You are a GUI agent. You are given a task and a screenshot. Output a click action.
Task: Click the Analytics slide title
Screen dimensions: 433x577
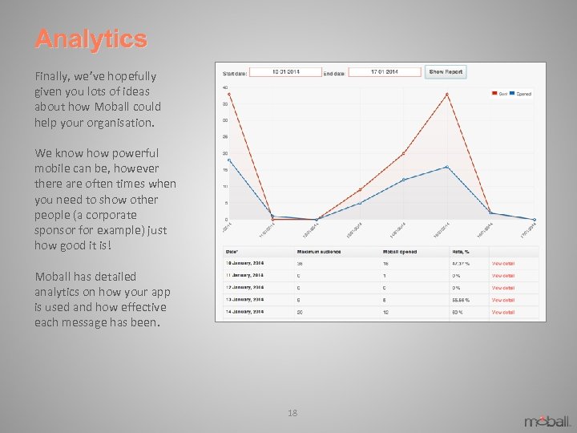(x=91, y=38)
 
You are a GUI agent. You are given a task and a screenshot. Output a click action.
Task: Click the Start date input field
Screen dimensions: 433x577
(x=285, y=72)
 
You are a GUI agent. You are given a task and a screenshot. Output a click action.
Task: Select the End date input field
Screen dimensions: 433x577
(x=385, y=72)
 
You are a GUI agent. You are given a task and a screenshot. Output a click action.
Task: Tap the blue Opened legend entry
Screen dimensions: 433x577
(x=520, y=94)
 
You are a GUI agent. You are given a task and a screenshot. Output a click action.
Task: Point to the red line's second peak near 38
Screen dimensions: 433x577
(x=447, y=94)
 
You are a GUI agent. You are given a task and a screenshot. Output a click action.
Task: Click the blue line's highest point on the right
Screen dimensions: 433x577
(x=447, y=167)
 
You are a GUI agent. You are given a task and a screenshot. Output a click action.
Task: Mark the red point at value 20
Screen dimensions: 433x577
(x=403, y=153)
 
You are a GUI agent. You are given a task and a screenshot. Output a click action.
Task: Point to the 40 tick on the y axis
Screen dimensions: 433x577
(x=226, y=87)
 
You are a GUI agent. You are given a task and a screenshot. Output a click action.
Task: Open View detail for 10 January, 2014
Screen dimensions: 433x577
(x=503, y=263)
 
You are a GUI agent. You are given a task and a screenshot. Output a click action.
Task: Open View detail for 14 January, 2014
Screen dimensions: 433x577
(x=503, y=312)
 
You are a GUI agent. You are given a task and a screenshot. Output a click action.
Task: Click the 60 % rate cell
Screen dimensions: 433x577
(x=458, y=312)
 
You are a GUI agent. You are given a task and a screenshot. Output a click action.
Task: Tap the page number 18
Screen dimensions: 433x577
(x=292, y=413)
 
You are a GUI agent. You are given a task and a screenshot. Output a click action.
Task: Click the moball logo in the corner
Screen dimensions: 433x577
(x=548, y=420)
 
